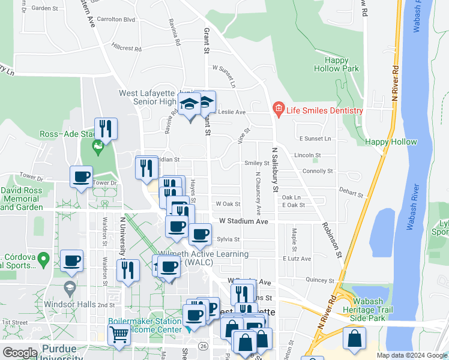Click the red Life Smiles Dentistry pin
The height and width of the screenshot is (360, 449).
click(278, 109)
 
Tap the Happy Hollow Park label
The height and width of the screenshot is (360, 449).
click(342, 64)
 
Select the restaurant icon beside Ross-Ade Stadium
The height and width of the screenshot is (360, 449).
click(106, 128)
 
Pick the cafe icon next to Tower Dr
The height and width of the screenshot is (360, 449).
click(82, 177)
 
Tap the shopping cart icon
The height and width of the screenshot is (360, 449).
click(119, 335)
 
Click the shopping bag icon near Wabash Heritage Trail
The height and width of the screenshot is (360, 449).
click(354, 338)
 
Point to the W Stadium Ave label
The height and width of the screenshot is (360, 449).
click(243, 221)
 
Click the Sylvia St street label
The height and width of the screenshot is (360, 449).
click(228, 239)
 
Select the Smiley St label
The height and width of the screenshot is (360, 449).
click(256, 163)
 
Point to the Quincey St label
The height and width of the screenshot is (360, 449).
click(319, 280)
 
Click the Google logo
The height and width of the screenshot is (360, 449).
click(20, 352)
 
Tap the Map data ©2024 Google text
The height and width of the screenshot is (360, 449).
click(411, 355)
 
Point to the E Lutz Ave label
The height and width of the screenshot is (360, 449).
click(297, 259)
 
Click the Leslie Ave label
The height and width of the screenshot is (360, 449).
click(232, 112)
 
